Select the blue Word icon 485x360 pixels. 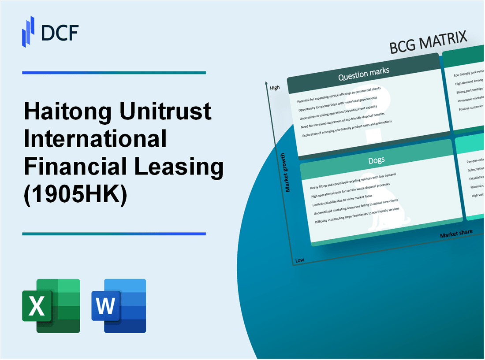point(119,305)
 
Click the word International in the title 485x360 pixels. point(95,139)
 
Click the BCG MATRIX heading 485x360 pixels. point(428,43)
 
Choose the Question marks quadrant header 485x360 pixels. point(363,74)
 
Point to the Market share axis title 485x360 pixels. point(456,233)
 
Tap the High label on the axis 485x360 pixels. point(275,88)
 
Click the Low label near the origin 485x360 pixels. point(299,260)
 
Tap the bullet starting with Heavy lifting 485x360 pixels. point(353,182)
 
